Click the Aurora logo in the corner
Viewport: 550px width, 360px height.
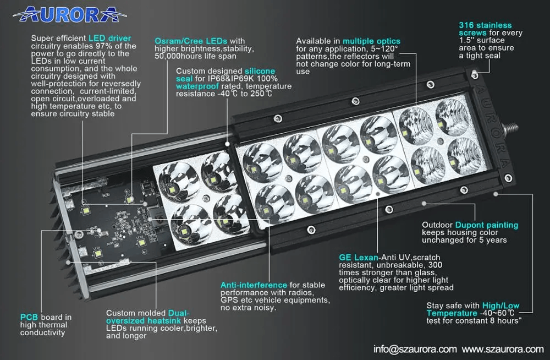pyautogui.click(x=69, y=14)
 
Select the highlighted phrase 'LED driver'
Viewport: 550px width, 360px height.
pyautogui.click(x=110, y=39)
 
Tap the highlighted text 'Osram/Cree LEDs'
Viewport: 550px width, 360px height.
pyautogui.click(x=191, y=41)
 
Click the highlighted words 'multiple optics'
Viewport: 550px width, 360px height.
pyautogui.click(x=371, y=41)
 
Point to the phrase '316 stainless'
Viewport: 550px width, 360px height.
pyautogui.click(x=485, y=25)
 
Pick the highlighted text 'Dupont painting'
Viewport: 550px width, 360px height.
pyautogui.click(x=487, y=225)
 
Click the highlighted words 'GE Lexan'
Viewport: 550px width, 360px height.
pyautogui.click(x=359, y=258)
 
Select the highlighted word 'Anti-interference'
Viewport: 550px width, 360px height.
pyautogui.click(x=254, y=285)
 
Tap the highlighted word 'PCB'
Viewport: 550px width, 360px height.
pyautogui.click(x=29, y=318)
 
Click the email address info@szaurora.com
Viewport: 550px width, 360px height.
pyautogui.click(x=415, y=349)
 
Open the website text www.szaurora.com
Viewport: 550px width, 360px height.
pyautogui.click(x=503, y=349)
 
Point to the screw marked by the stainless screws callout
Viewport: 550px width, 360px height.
pyautogui.click(x=474, y=74)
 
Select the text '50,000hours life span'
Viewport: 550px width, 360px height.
pyautogui.click(x=195, y=56)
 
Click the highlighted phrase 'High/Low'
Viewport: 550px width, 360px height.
pyautogui.click(x=501, y=306)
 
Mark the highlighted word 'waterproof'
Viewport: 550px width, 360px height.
pyautogui.click(x=197, y=86)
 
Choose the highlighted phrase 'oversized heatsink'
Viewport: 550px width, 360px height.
pyautogui.click(x=144, y=321)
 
